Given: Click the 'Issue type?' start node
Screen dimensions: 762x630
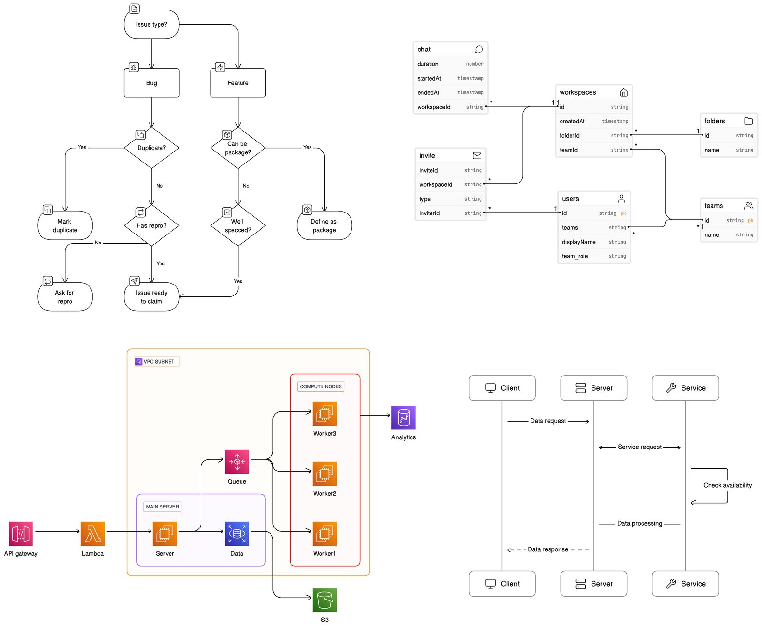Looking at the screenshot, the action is click(151, 24).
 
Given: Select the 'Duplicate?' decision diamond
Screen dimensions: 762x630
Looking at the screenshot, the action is click(151, 148).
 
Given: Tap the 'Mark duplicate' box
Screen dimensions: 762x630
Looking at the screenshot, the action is click(65, 225).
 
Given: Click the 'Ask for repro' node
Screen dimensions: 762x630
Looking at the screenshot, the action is click(65, 297).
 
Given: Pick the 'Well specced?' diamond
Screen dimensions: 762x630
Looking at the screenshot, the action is click(238, 225).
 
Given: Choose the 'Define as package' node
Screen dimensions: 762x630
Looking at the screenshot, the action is click(324, 225).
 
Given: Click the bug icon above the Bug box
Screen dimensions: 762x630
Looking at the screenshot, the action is click(134, 67).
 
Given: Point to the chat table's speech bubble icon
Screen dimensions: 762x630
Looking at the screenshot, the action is click(479, 49).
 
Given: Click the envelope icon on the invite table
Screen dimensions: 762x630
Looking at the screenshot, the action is click(477, 155).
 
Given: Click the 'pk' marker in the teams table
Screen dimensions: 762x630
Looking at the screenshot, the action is click(751, 220).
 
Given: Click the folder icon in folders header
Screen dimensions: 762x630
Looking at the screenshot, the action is click(749, 121).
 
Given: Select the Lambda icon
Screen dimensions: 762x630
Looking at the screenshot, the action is click(93, 534).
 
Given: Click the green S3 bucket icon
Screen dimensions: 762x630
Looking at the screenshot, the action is click(325, 600).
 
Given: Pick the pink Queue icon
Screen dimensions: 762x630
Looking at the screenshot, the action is click(237, 462).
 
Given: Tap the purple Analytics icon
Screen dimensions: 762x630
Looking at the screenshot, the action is click(403, 417).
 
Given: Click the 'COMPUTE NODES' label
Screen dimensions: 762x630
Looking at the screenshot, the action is click(321, 386).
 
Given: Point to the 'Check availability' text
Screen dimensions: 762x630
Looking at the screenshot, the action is click(728, 485).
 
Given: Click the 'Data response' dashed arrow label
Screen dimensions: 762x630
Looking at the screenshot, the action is click(548, 549).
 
